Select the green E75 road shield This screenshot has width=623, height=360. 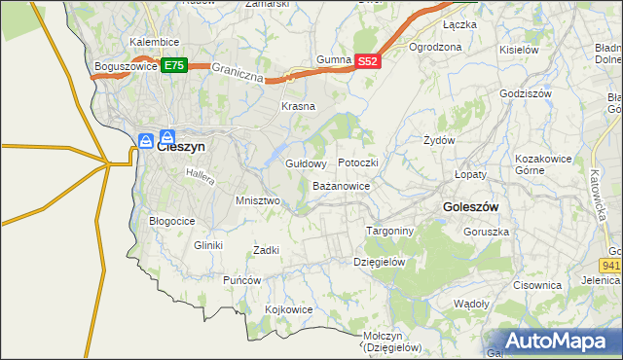click(174, 65)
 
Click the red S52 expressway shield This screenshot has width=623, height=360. click(366, 60)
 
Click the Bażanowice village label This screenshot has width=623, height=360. click(341, 185)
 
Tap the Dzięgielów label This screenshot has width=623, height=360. click(379, 262)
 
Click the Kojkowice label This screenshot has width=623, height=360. click(289, 309)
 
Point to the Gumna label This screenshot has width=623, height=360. click(334, 60)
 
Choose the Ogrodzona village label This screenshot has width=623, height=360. click(435, 47)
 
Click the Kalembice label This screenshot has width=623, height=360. click(154, 43)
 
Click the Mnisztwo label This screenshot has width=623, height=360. click(258, 200)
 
